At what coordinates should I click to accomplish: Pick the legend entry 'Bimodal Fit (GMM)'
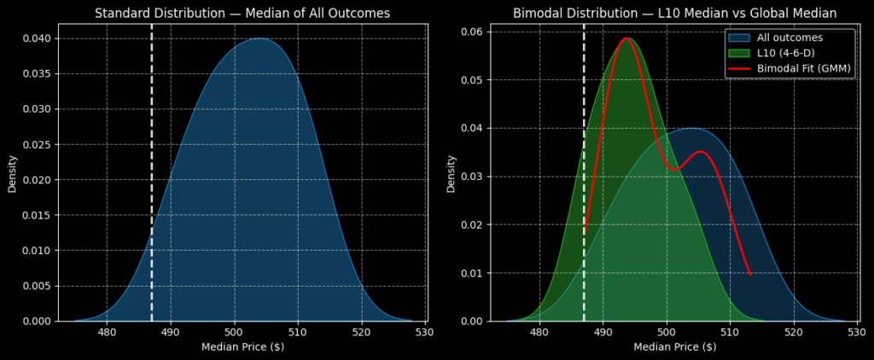coord(803,68)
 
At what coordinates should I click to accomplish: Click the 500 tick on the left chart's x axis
coord(234,333)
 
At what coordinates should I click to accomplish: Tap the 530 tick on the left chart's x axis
coord(425,333)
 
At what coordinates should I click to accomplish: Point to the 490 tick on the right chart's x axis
coord(603,333)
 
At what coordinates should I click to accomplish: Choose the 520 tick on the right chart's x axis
coord(794,333)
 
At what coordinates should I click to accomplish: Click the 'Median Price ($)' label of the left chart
coord(242,347)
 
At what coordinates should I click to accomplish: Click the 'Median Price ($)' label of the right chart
coord(674,347)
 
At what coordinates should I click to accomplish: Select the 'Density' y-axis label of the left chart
coord(13,173)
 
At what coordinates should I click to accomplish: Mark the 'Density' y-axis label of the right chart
coord(452,173)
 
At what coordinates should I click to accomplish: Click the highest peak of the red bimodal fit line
coord(626,38)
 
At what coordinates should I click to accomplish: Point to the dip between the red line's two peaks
coord(674,170)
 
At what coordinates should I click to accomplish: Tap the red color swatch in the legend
coord(739,68)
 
